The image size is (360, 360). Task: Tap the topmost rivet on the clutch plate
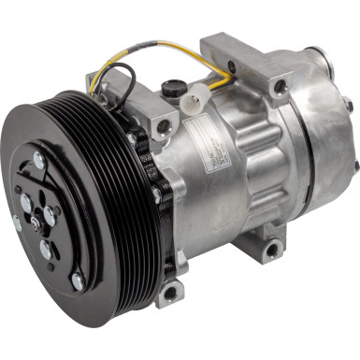(x=39, y=161)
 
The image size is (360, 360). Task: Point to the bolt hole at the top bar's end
(x=280, y=87)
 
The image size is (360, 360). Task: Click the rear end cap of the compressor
(x=323, y=150)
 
